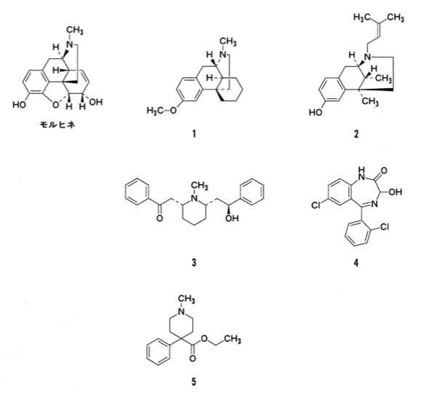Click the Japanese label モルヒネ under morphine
57,125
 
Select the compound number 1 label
194,135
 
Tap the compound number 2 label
356,135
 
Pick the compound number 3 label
194,263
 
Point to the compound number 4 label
356,263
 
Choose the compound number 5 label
194,382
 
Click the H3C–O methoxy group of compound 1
161,111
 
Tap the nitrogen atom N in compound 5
181,311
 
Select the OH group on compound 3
232,218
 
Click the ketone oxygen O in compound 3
159,218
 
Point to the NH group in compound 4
361,173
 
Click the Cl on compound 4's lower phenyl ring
384,227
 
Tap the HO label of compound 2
316,113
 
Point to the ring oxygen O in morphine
56,105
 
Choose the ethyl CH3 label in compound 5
233,339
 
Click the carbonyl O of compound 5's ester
193,359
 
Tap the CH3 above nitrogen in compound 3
200,186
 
